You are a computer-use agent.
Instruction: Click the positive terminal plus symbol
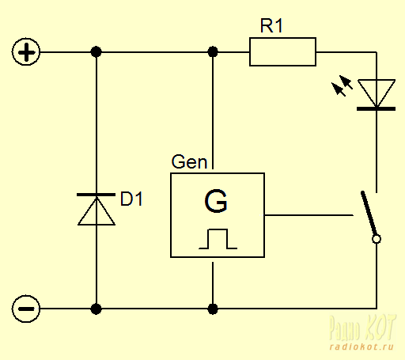point(26,52)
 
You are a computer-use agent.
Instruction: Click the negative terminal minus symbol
point(26,309)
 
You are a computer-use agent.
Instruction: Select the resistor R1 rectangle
point(282,51)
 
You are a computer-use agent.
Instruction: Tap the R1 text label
point(271,25)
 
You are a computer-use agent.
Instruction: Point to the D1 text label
point(131,199)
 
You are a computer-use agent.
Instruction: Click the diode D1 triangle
point(97,211)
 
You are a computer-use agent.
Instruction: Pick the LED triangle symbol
point(377,93)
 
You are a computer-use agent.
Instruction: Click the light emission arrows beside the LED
point(342,85)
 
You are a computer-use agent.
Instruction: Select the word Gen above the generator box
point(189,161)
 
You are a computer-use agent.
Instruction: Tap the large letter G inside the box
point(216,201)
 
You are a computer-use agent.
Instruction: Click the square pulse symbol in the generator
point(218,239)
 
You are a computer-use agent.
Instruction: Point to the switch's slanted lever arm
point(369,214)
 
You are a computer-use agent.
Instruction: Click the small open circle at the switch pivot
point(377,239)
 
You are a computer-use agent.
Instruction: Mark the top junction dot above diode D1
point(96,51)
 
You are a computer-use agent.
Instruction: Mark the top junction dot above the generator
point(213,51)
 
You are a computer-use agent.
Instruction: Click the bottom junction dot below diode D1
point(96,309)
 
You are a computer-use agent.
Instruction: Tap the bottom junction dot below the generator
point(213,309)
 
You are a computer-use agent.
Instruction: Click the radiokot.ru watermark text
point(361,347)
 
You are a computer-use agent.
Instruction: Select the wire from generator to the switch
point(308,215)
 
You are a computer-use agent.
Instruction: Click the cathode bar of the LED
point(376,108)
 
